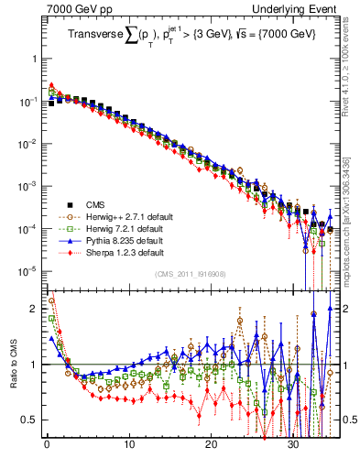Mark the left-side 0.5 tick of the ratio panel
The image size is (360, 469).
pyautogui.click(x=30, y=420)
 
